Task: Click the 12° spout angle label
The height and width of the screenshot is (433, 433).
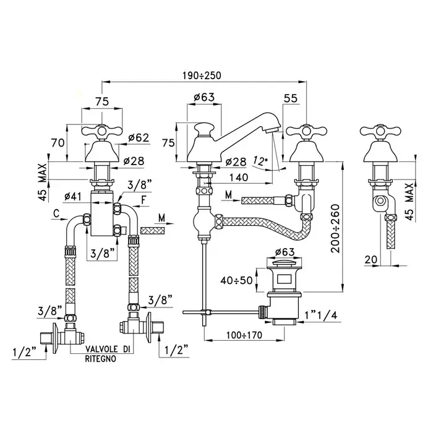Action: coord(261,161)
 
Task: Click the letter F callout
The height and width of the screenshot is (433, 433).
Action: coord(144,200)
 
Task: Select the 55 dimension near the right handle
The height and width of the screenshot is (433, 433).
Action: coord(291,98)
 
